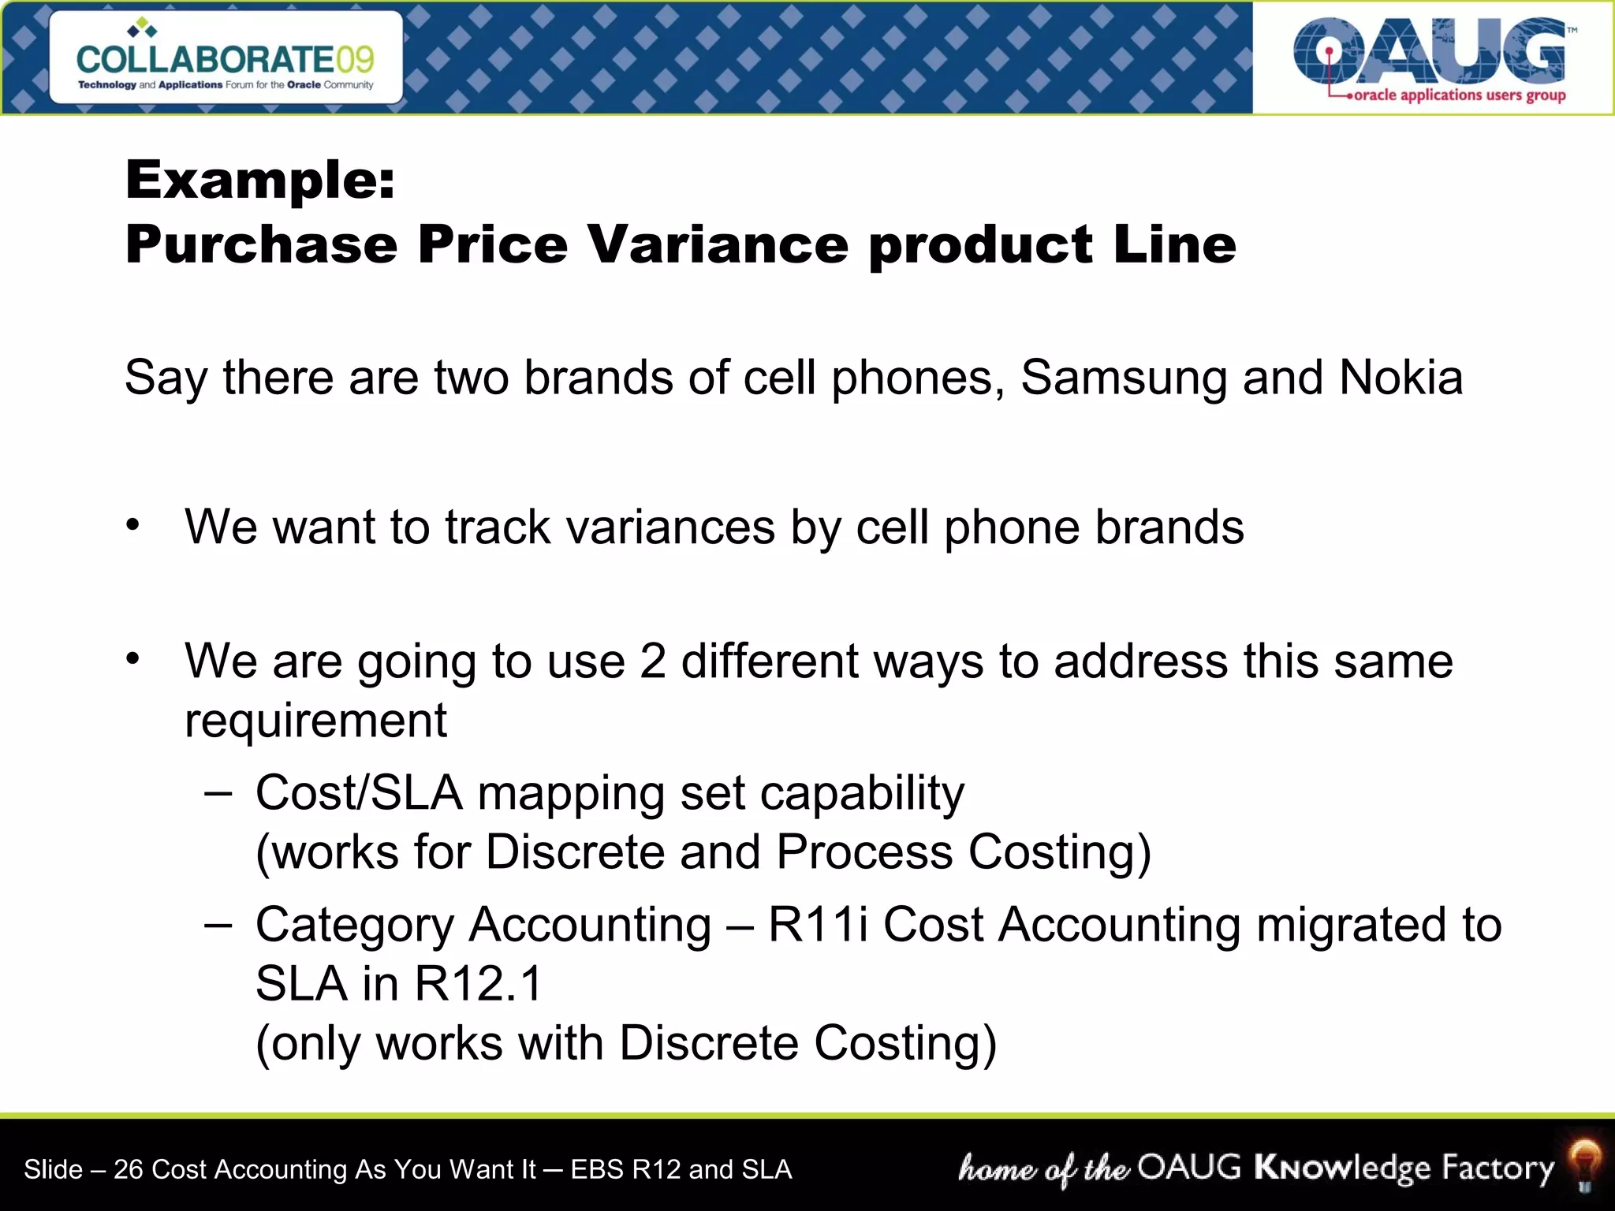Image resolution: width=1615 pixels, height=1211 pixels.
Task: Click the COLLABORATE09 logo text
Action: tap(226, 59)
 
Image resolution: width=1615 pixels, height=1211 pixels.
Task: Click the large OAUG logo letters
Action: tap(1429, 50)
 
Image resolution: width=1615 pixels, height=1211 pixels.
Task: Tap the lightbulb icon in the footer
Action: tap(1583, 1164)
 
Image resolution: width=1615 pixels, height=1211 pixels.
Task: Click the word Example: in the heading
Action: tap(260, 180)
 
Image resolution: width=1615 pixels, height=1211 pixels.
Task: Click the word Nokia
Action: tap(1401, 378)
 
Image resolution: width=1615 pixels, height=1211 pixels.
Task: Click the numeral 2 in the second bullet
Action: tap(653, 661)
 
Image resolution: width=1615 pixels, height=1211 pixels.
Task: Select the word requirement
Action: tap(315, 721)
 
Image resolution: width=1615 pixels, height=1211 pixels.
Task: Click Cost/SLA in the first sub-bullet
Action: tap(359, 792)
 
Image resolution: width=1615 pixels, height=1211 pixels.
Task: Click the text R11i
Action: tap(819, 924)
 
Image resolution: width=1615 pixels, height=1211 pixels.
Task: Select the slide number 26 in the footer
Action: tap(128, 1169)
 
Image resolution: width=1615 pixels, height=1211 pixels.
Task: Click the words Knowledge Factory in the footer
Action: tap(1404, 1168)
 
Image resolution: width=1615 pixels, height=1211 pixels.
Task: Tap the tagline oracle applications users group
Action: tap(1459, 95)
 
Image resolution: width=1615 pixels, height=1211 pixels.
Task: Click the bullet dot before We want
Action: tap(133, 525)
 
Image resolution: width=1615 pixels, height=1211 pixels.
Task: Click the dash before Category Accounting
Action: tap(218, 924)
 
